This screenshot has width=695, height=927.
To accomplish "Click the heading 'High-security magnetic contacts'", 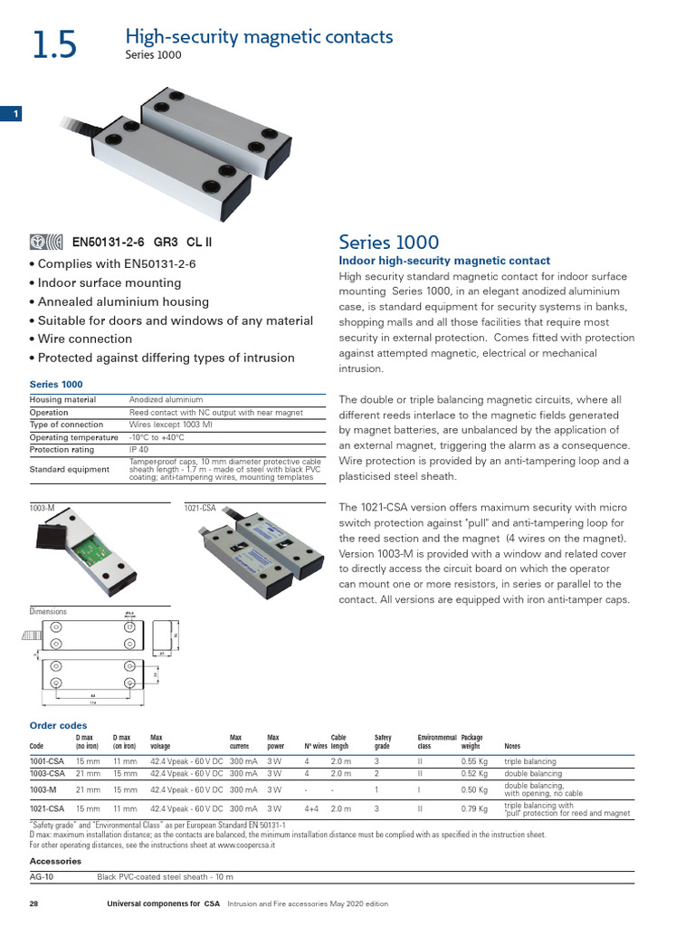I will click(x=258, y=37).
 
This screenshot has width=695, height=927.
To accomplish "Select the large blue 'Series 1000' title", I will click(x=388, y=243).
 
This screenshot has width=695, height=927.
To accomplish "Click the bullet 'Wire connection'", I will click(x=81, y=339).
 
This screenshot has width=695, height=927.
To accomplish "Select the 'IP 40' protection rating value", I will click(x=139, y=449).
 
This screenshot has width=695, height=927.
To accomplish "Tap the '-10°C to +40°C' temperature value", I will click(x=157, y=437).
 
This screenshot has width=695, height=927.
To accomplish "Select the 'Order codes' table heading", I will click(x=58, y=725).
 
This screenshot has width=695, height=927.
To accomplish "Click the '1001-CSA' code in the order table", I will click(x=47, y=762).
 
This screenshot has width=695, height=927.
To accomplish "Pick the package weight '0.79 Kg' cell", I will click(x=474, y=808).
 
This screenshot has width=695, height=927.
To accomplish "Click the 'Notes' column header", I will click(x=513, y=747).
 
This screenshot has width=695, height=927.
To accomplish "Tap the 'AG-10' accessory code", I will click(x=42, y=877).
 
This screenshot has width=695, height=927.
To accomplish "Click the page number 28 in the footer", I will click(x=33, y=904).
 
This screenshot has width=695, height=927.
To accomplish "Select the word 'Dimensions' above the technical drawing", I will click(x=48, y=612).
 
